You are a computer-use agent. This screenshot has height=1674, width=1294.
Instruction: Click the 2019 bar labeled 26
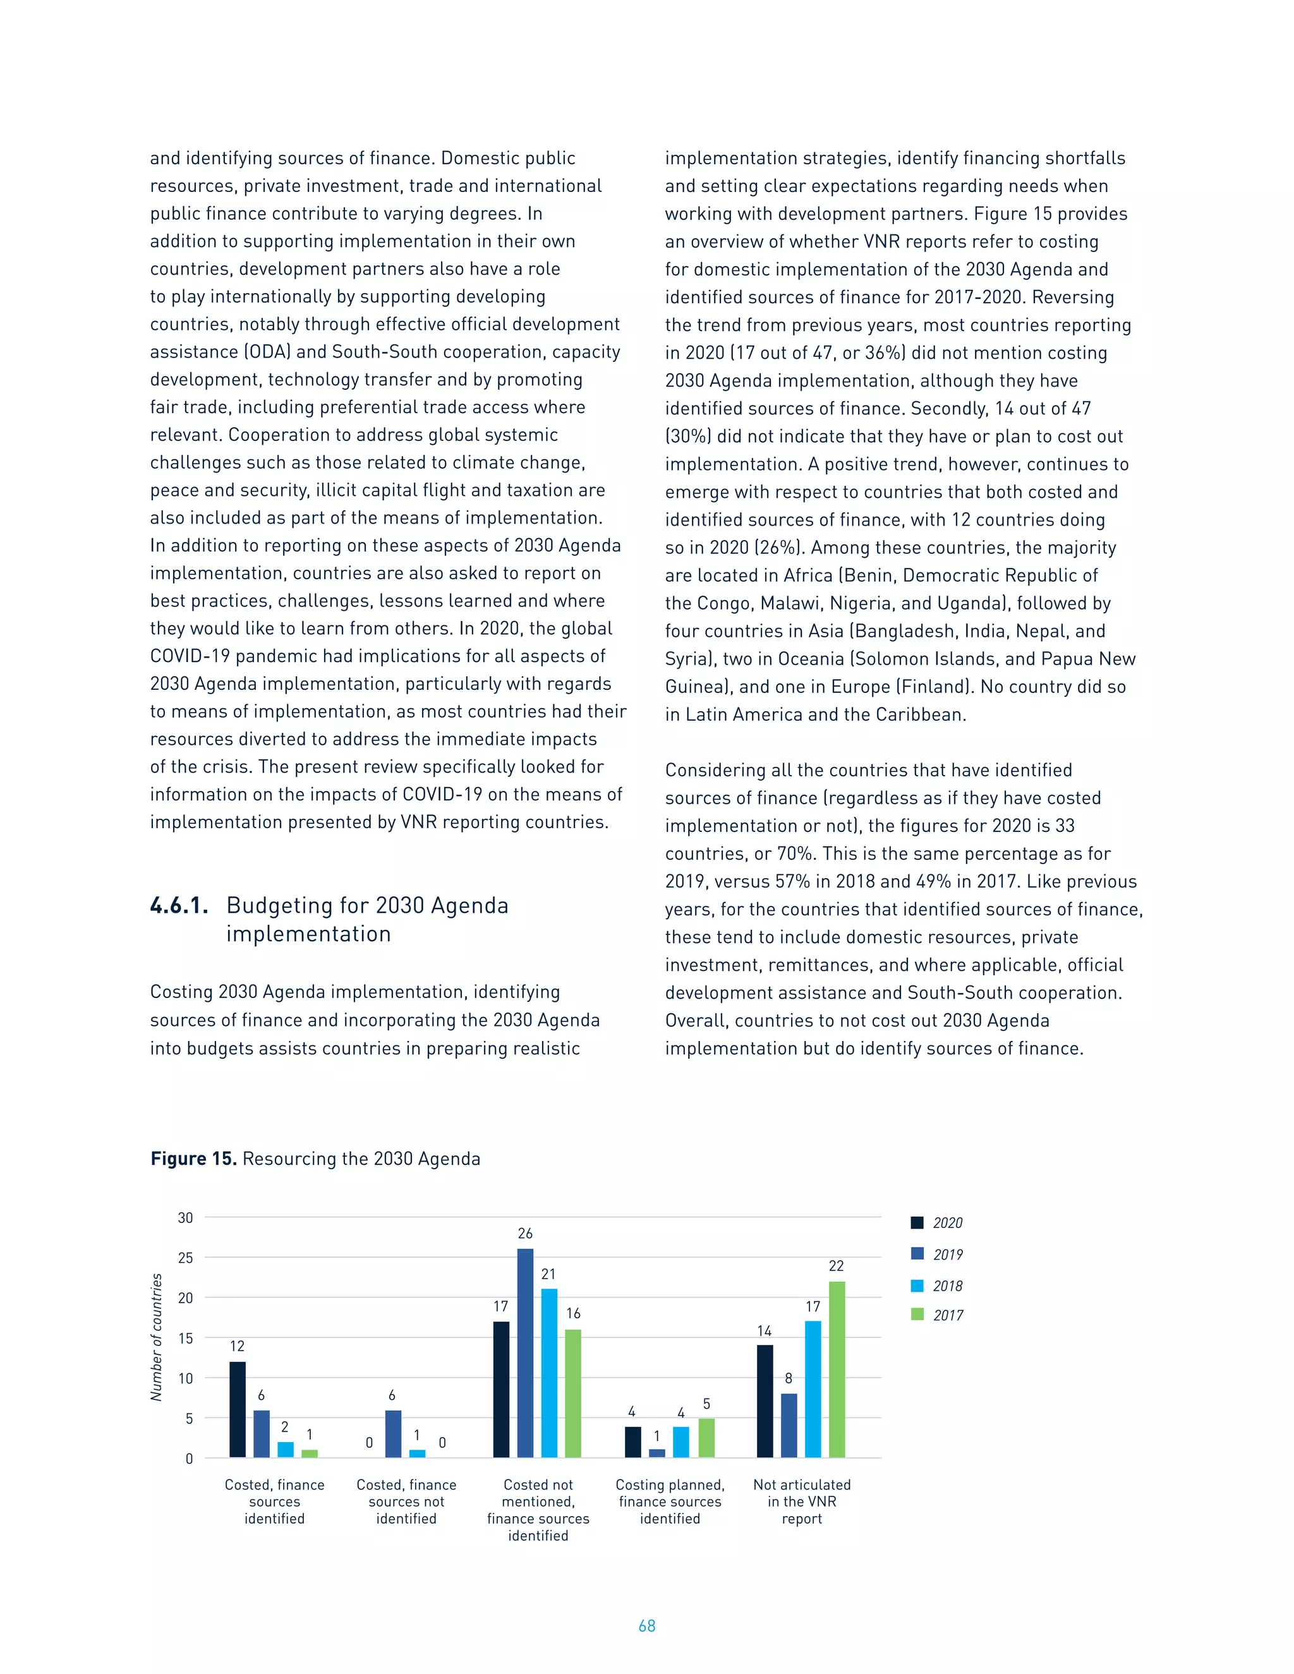[525, 1353]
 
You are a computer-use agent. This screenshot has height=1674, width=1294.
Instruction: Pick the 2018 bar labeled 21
[549, 1373]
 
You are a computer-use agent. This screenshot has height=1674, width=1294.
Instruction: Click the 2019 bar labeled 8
[789, 1426]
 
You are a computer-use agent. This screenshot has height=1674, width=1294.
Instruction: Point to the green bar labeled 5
[706, 1438]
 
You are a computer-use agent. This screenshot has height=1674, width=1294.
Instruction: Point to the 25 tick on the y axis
[186, 1258]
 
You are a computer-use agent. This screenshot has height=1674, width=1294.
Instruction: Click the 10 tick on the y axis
[186, 1378]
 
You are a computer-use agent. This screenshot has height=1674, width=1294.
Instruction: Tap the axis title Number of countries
[157, 1337]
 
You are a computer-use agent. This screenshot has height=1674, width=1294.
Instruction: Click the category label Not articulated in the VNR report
[802, 1502]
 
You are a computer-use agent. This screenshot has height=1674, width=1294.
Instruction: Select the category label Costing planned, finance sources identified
[670, 1502]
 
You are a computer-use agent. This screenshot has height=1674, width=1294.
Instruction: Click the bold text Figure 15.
[193, 1159]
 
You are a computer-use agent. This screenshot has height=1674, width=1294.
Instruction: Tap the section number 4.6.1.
[179, 906]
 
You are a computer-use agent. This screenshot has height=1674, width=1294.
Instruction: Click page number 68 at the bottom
[647, 1626]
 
